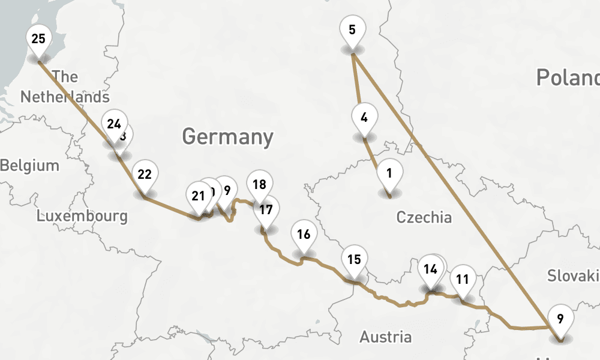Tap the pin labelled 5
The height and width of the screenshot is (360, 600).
[352, 29]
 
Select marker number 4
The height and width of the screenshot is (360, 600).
[364, 118]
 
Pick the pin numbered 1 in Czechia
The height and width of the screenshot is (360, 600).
[389, 174]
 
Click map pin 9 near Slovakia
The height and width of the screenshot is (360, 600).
[560, 319]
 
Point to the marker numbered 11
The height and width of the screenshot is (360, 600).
[462, 279]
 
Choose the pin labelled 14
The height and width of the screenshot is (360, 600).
[430, 269]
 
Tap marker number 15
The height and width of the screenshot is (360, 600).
[354, 260]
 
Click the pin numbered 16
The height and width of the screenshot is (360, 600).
[304, 234]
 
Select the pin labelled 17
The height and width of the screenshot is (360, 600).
[266, 210]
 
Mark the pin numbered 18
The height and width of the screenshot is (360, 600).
[259, 185]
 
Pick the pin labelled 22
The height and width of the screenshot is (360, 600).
[144, 175]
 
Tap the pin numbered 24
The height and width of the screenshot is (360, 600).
[114, 125]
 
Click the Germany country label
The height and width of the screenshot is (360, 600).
[227, 137]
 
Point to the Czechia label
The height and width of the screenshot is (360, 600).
[424, 217]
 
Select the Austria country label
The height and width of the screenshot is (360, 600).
[386, 337]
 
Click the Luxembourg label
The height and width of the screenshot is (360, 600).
[82, 216]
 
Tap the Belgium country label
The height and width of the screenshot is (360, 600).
[30, 166]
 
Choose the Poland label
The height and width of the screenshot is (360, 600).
[567, 77]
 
